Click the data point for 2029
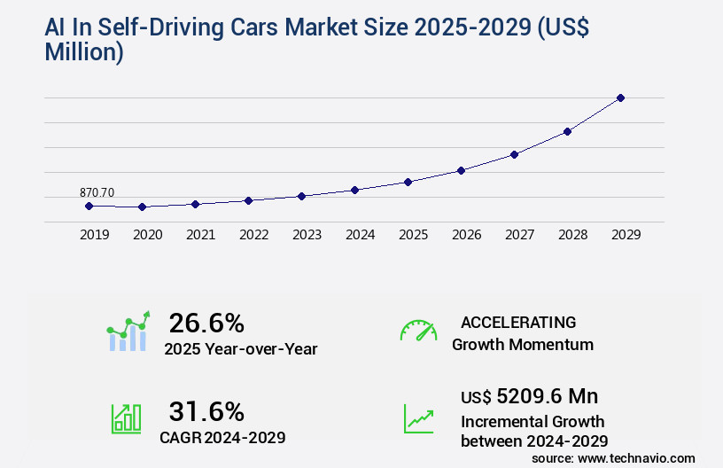(620, 97)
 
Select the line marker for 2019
(89, 206)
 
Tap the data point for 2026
(461, 170)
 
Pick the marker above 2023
(301, 196)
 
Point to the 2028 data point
(567, 131)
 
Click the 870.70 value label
(97, 192)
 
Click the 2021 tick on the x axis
(200, 235)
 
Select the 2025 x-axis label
(413, 235)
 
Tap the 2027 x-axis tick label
(519, 235)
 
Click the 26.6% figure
(206, 323)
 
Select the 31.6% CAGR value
(206, 411)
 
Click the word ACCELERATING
(518, 322)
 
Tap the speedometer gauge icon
(418, 331)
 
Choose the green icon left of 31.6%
(126, 417)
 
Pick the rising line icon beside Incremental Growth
(418, 417)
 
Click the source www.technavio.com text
(613, 458)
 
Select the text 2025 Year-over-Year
(240, 349)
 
